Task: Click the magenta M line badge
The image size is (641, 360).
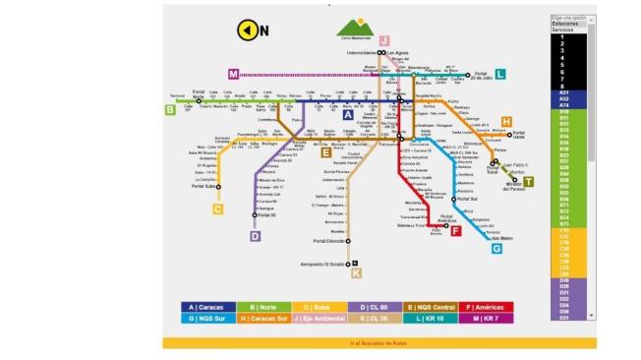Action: click(233, 74)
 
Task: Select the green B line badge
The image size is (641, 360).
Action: click(170, 110)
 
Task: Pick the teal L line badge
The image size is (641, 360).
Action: click(500, 74)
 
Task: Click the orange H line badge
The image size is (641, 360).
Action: click(506, 122)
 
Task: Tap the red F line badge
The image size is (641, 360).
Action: click(455, 230)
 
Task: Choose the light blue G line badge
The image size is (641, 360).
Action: click(496, 248)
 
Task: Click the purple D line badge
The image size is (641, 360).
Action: click(255, 236)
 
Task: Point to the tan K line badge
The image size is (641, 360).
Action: click(356, 273)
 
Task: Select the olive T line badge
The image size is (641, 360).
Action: click(528, 181)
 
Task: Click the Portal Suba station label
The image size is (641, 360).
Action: click(204, 186)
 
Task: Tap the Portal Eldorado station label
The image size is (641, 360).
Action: click(329, 241)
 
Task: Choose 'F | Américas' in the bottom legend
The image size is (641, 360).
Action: click(483, 307)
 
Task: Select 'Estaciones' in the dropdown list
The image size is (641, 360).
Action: click(565, 25)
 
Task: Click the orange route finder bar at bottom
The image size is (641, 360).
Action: click(379, 343)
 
